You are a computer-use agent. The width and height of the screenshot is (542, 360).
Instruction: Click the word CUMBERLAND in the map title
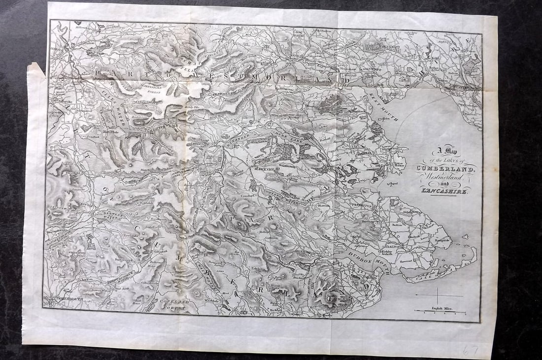(x=446, y=169)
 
